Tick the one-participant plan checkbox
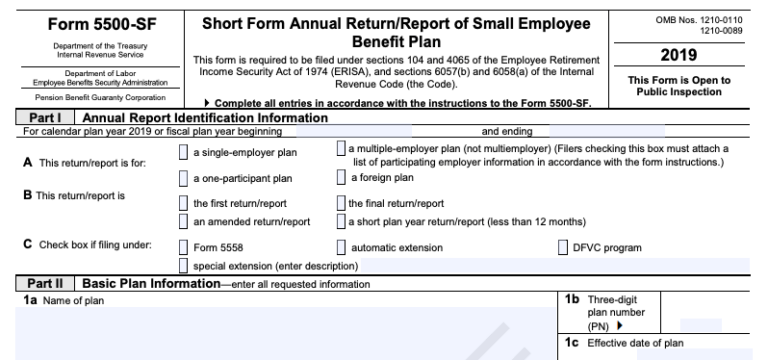[x=183, y=179]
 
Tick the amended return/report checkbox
[x=183, y=221]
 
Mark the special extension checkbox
[x=183, y=265]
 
